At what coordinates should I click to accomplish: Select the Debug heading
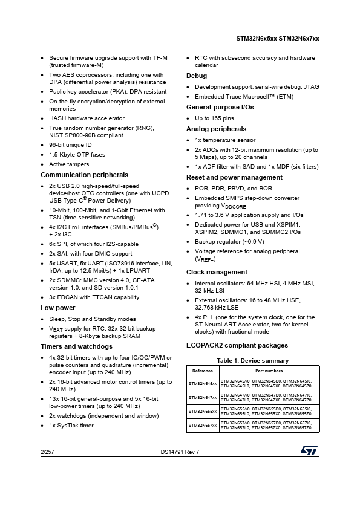click(197, 76)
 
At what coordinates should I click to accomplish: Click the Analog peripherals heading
click(216, 129)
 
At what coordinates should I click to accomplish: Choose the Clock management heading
click(217, 272)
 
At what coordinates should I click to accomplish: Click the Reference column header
click(202, 371)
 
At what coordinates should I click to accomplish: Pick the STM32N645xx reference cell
click(202, 383)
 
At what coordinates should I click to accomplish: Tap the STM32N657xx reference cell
click(202, 426)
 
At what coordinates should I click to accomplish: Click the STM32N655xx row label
click(202, 411)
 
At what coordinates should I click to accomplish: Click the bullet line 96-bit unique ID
click(70, 145)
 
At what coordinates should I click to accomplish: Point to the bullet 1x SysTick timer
click(71, 426)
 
